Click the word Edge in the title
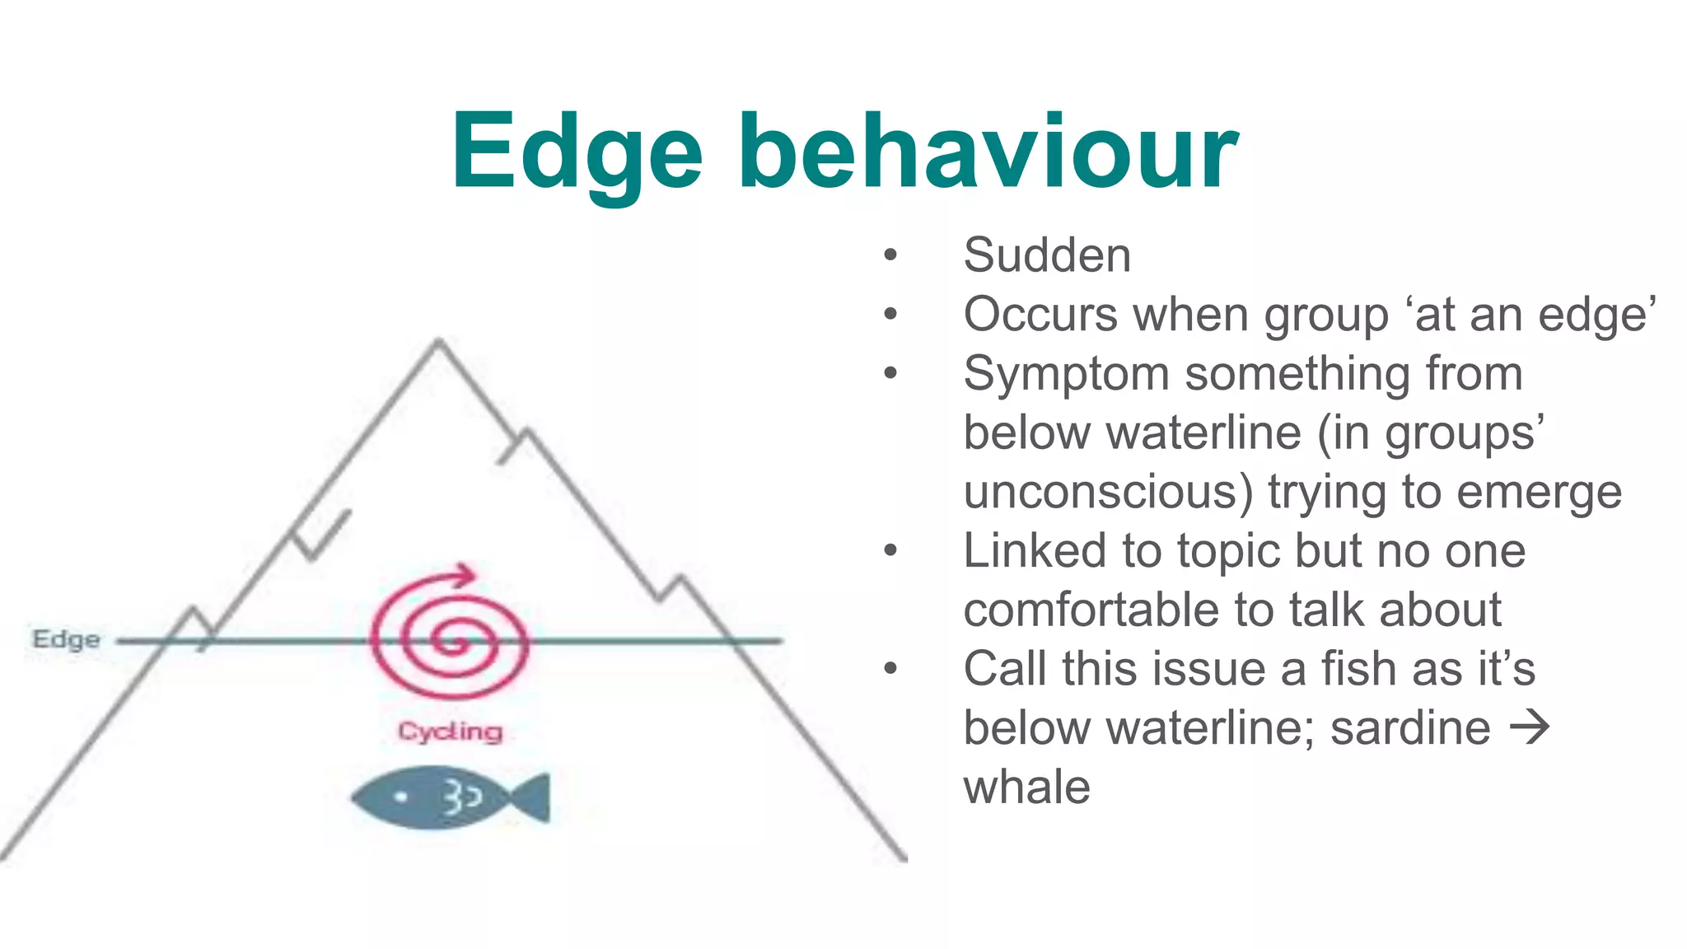point(577,154)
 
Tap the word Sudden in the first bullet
point(1047,255)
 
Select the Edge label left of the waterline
point(66,639)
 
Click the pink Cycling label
point(450,732)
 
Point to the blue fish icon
point(449,797)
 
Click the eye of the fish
point(401,797)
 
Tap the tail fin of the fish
point(530,797)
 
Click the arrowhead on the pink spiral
point(466,574)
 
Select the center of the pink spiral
point(450,641)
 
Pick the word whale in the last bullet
point(1026,788)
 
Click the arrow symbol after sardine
point(1530,728)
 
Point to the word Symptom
point(1066,375)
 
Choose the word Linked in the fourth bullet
point(1035,551)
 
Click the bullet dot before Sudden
point(890,255)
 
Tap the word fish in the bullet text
point(1360,669)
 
